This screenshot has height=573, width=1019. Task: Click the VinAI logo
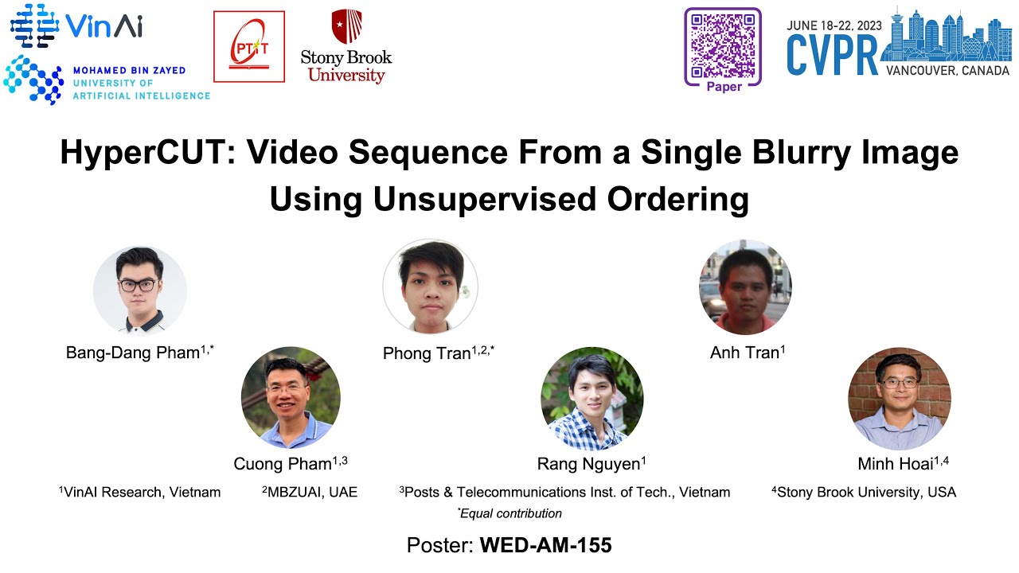click(76, 25)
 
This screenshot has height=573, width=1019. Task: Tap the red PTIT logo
click(248, 46)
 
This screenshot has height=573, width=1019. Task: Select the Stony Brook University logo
click(346, 47)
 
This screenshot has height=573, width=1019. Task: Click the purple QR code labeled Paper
click(723, 44)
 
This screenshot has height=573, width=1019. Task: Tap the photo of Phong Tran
click(430, 286)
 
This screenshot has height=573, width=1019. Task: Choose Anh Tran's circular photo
click(745, 287)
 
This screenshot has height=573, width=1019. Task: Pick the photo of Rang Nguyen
click(591, 399)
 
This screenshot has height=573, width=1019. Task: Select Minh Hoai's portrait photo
click(900, 399)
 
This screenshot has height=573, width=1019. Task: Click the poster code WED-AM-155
click(545, 546)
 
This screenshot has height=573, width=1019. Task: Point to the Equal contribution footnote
click(509, 513)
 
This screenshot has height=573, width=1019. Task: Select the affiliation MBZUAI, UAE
click(310, 492)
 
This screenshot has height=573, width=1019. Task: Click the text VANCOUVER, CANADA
click(947, 70)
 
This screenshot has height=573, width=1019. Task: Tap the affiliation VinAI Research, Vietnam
click(140, 492)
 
